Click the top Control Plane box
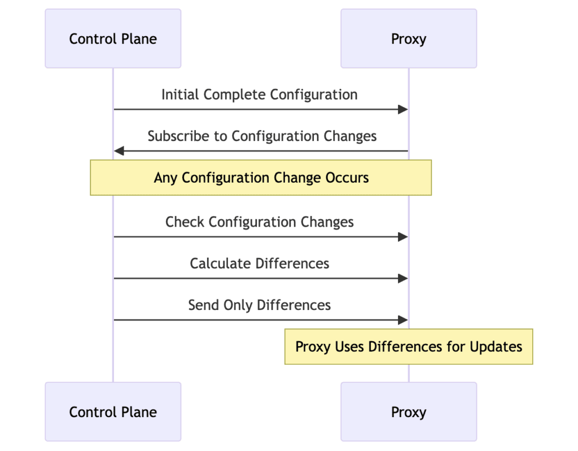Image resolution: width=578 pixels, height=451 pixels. tap(113, 39)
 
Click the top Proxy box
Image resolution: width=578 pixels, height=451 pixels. tap(409, 39)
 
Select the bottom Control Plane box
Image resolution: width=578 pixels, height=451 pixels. tap(113, 412)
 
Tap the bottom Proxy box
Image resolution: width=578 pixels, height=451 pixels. tap(409, 412)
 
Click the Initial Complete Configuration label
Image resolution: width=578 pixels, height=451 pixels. tap(260, 95)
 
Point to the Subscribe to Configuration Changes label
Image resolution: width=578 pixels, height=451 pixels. tap(262, 136)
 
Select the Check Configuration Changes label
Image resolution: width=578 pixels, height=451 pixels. tap(260, 222)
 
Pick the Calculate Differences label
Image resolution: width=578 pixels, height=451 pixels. tap(260, 264)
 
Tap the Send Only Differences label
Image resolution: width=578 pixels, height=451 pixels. tap(260, 306)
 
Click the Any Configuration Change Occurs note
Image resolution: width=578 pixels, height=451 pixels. tap(261, 178)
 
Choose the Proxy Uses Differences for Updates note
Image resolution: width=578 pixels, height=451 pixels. tap(409, 347)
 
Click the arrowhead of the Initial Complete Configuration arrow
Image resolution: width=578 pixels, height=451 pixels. tap(403, 109)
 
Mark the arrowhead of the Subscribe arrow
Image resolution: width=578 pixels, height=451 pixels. tap(119, 151)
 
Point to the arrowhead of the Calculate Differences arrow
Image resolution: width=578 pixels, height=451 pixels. tap(403, 278)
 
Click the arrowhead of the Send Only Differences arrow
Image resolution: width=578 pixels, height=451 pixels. tap(403, 320)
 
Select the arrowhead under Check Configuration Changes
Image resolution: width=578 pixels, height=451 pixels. tap(403, 237)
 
